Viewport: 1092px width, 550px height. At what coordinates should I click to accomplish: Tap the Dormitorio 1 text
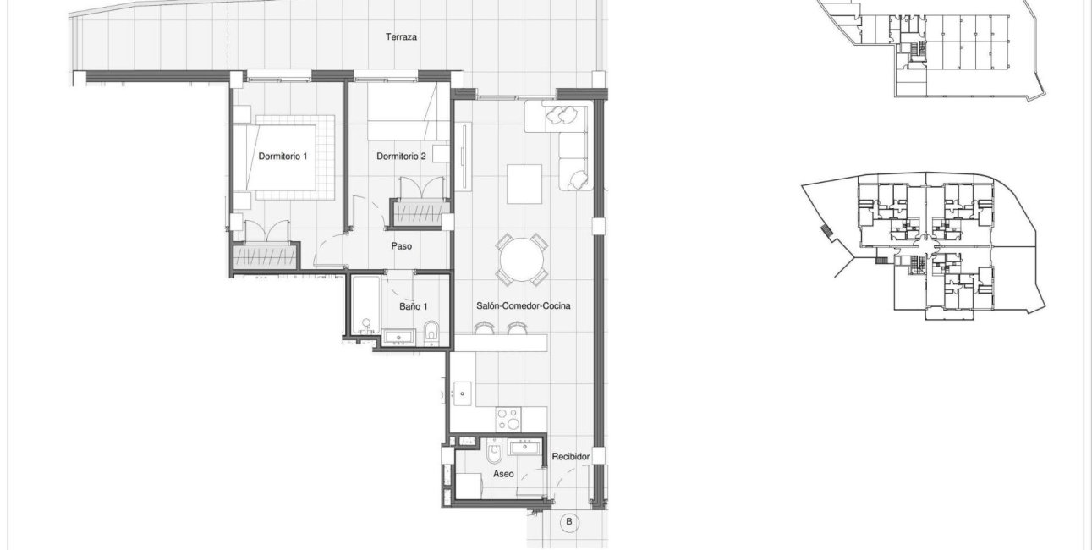(x=283, y=157)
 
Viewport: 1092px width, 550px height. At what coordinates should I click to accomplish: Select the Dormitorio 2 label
(x=401, y=157)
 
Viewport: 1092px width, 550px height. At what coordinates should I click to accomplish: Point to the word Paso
(x=401, y=247)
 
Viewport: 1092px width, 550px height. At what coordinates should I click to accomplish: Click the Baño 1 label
(x=414, y=306)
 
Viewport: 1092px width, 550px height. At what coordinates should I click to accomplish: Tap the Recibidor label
(x=570, y=457)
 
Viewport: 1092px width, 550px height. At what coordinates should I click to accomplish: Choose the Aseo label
(x=503, y=475)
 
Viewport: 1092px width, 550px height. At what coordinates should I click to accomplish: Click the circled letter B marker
(x=569, y=522)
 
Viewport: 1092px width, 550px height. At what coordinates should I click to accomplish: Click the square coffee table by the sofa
(x=524, y=184)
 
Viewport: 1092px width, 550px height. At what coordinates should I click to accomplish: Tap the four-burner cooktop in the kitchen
(x=510, y=420)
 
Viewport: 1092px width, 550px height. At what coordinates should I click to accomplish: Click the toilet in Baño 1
(x=431, y=333)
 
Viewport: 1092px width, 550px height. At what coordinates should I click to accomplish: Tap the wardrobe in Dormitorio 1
(x=265, y=256)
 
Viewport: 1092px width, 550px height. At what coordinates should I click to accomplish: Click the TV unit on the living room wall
(x=464, y=161)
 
